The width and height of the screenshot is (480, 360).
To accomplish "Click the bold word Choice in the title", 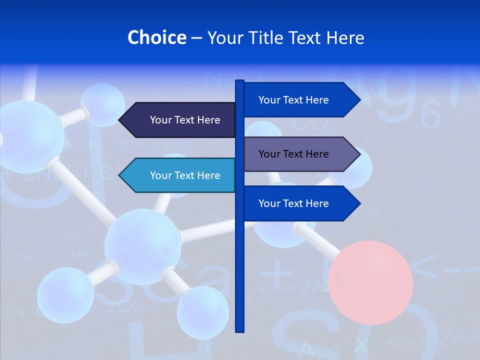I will pyautogui.click(x=156, y=37).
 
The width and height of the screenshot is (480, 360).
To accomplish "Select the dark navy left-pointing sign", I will pyautogui.click(x=180, y=120).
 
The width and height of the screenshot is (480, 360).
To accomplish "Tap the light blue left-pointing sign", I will pyautogui.click(x=180, y=175).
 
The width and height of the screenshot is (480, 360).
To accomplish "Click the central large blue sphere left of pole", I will pyautogui.click(x=142, y=247).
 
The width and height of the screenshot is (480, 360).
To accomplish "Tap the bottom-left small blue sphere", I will pyautogui.click(x=65, y=295).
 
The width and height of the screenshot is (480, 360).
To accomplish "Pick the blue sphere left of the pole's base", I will pyautogui.click(x=202, y=312).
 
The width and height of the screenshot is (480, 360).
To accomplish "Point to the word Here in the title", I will pyautogui.click(x=345, y=37).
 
